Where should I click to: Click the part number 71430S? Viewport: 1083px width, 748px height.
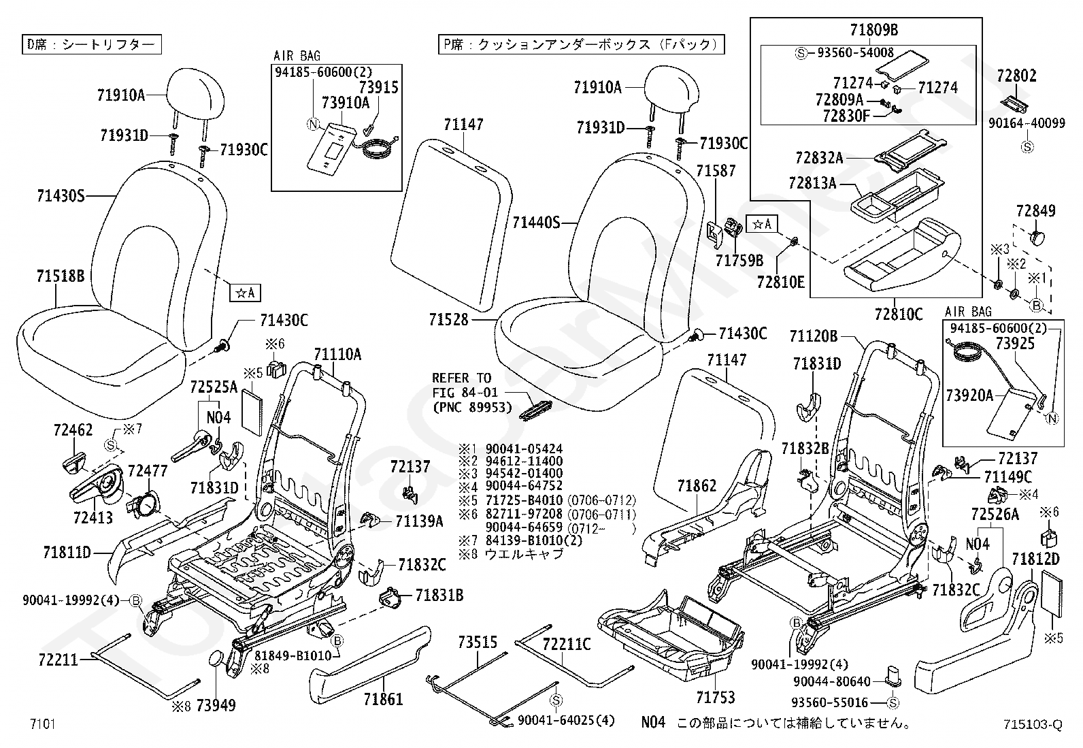pos(61,197)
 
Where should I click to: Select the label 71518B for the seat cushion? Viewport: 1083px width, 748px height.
pos(61,276)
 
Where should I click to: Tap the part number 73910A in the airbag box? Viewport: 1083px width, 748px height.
pos(345,103)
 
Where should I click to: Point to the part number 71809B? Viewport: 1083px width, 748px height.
pos(874,30)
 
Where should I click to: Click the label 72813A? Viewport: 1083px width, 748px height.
pos(812,184)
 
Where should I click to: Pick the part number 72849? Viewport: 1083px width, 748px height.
pos(1035,211)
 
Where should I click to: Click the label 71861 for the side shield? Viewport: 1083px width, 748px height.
pos(383,698)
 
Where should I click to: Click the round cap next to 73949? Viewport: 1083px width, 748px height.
pos(216,658)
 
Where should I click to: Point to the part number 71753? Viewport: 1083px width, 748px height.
pos(715,697)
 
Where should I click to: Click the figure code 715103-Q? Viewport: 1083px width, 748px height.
pos(1031,725)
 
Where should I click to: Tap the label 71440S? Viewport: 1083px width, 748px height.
pos(536,223)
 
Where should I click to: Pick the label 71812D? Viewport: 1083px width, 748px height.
pos(1035,559)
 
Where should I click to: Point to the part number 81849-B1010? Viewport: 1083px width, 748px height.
pos(293,655)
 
